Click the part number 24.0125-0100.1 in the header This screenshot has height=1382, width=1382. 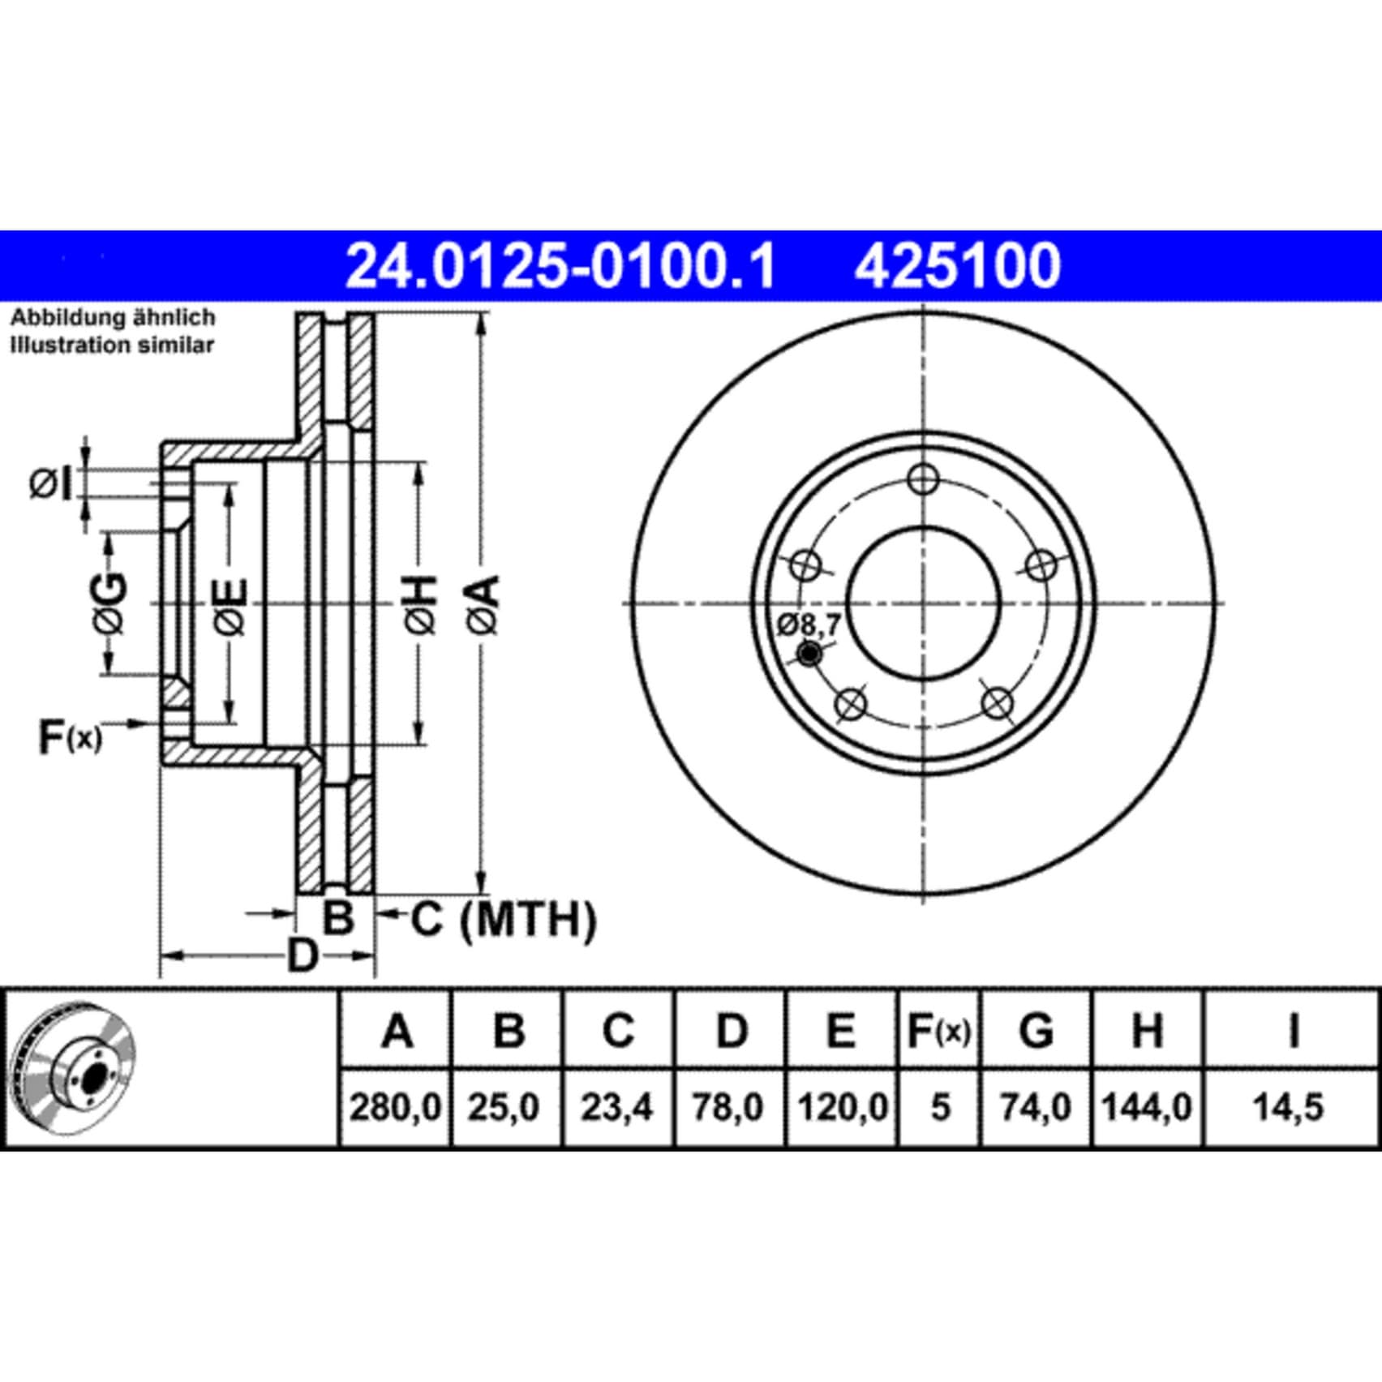(560, 266)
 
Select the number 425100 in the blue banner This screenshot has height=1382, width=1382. (957, 266)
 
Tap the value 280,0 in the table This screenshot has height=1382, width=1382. (395, 1107)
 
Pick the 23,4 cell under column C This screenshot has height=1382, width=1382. (617, 1107)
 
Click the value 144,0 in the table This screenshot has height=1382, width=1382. (1147, 1107)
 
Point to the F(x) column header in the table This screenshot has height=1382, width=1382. (938, 1032)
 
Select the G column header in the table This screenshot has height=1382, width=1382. (1036, 1032)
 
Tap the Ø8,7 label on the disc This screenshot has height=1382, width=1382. (809, 625)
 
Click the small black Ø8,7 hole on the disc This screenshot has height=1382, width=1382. (809, 654)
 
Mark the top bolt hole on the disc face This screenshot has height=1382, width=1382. (924, 479)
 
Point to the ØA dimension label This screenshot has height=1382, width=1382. (484, 604)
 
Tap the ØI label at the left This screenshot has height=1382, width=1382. (51, 485)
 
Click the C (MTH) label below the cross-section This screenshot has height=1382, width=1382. (504, 920)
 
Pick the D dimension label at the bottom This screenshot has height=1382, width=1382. (303, 955)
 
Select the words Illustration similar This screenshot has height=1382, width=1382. (112, 345)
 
